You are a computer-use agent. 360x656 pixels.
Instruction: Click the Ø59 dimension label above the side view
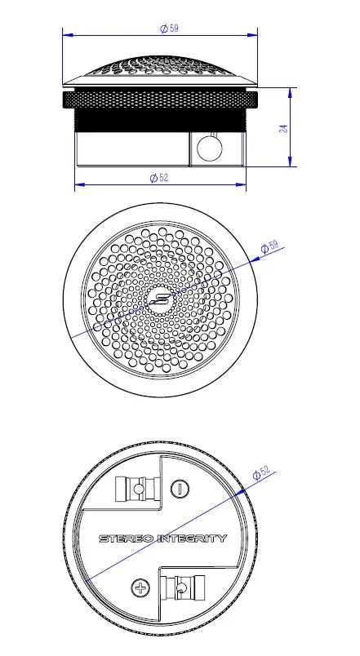pyautogui.click(x=169, y=28)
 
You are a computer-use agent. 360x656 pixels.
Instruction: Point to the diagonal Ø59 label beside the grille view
pyautogui.click(x=269, y=246)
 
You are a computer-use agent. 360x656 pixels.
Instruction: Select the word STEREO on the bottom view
pyautogui.click(x=123, y=539)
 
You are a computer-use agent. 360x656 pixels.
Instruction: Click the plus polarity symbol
pyautogui.click(x=141, y=587)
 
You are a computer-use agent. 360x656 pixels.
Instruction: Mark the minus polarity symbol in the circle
pyautogui.click(x=180, y=490)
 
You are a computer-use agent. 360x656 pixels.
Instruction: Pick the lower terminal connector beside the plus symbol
pyautogui.click(x=180, y=587)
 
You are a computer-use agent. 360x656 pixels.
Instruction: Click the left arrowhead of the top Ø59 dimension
pyautogui.click(x=66, y=34)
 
